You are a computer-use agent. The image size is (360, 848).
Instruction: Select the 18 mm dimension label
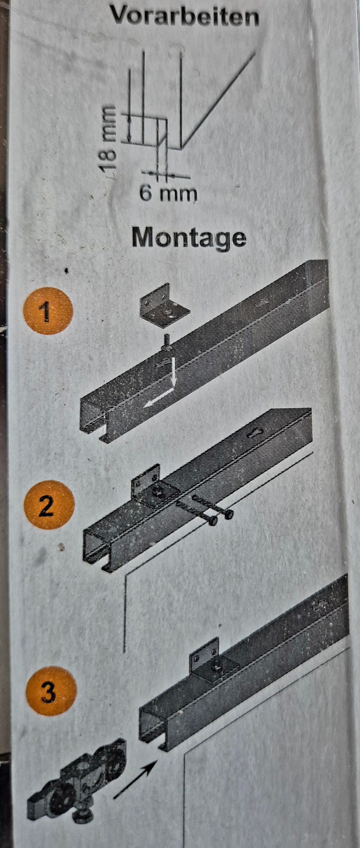pos(110,139)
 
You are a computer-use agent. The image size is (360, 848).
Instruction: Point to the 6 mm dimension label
pos(168,194)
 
